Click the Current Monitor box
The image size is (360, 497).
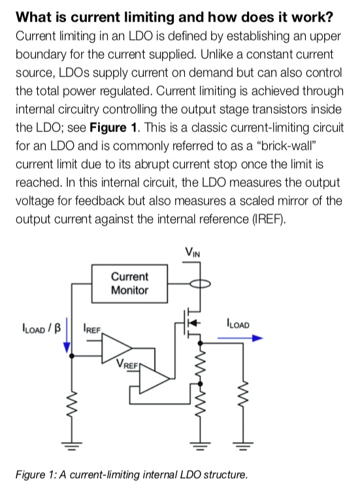[x=129, y=283]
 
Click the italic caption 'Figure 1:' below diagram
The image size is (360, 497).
[x=37, y=474]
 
